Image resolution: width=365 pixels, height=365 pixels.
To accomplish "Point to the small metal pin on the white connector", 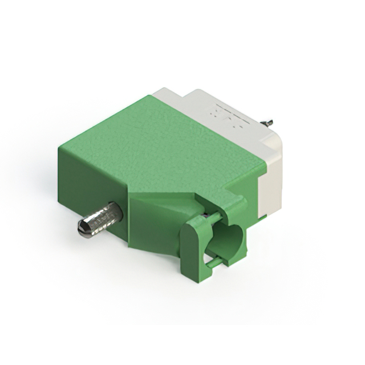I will click(266, 122).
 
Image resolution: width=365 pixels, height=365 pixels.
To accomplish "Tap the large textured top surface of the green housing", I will click(160, 143).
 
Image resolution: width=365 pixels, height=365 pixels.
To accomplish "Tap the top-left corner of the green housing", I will click(60, 147).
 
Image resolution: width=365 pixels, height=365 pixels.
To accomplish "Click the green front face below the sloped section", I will click(154, 234).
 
